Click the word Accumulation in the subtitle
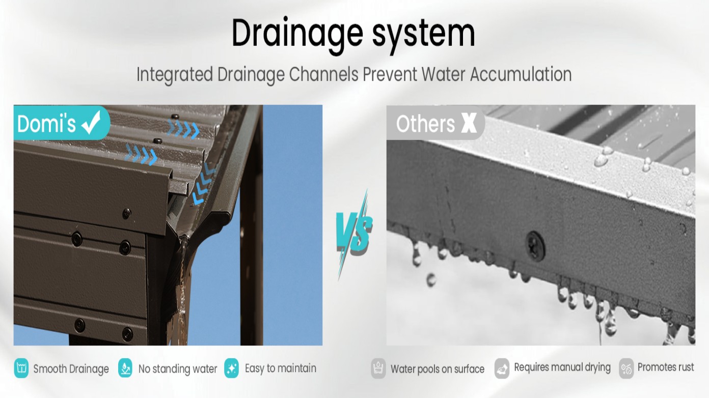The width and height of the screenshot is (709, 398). pyautogui.click(x=521, y=74)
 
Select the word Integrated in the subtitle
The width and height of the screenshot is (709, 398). pyautogui.click(x=174, y=75)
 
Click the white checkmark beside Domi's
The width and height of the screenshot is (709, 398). pyautogui.click(x=92, y=123)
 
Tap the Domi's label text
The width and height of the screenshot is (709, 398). pyautogui.click(x=46, y=124)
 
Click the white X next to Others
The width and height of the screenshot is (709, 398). pyautogui.click(x=469, y=123)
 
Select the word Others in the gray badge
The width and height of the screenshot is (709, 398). pyautogui.click(x=425, y=123)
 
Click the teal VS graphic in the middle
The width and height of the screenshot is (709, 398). pyautogui.click(x=353, y=234)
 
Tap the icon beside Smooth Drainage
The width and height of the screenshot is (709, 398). pyautogui.click(x=21, y=368)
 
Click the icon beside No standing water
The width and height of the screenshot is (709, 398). pyautogui.click(x=125, y=368)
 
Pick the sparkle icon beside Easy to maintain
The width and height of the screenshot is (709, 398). pyautogui.click(x=231, y=368)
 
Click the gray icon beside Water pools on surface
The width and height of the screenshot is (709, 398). pyautogui.click(x=378, y=368)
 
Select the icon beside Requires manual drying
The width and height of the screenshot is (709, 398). pyautogui.click(x=502, y=368)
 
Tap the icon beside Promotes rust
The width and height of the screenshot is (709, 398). pyautogui.click(x=626, y=368)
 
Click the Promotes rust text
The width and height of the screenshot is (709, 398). pyautogui.click(x=666, y=367)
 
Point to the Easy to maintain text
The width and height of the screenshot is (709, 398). pyautogui.click(x=281, y=368)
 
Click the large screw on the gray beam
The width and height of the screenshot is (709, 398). pyautogui.click(x=535, y=246)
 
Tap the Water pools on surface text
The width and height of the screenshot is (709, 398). pyautogui.click(x=438, y=369)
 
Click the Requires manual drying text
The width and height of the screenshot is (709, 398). pyautogui.click(x=562, y=367)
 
